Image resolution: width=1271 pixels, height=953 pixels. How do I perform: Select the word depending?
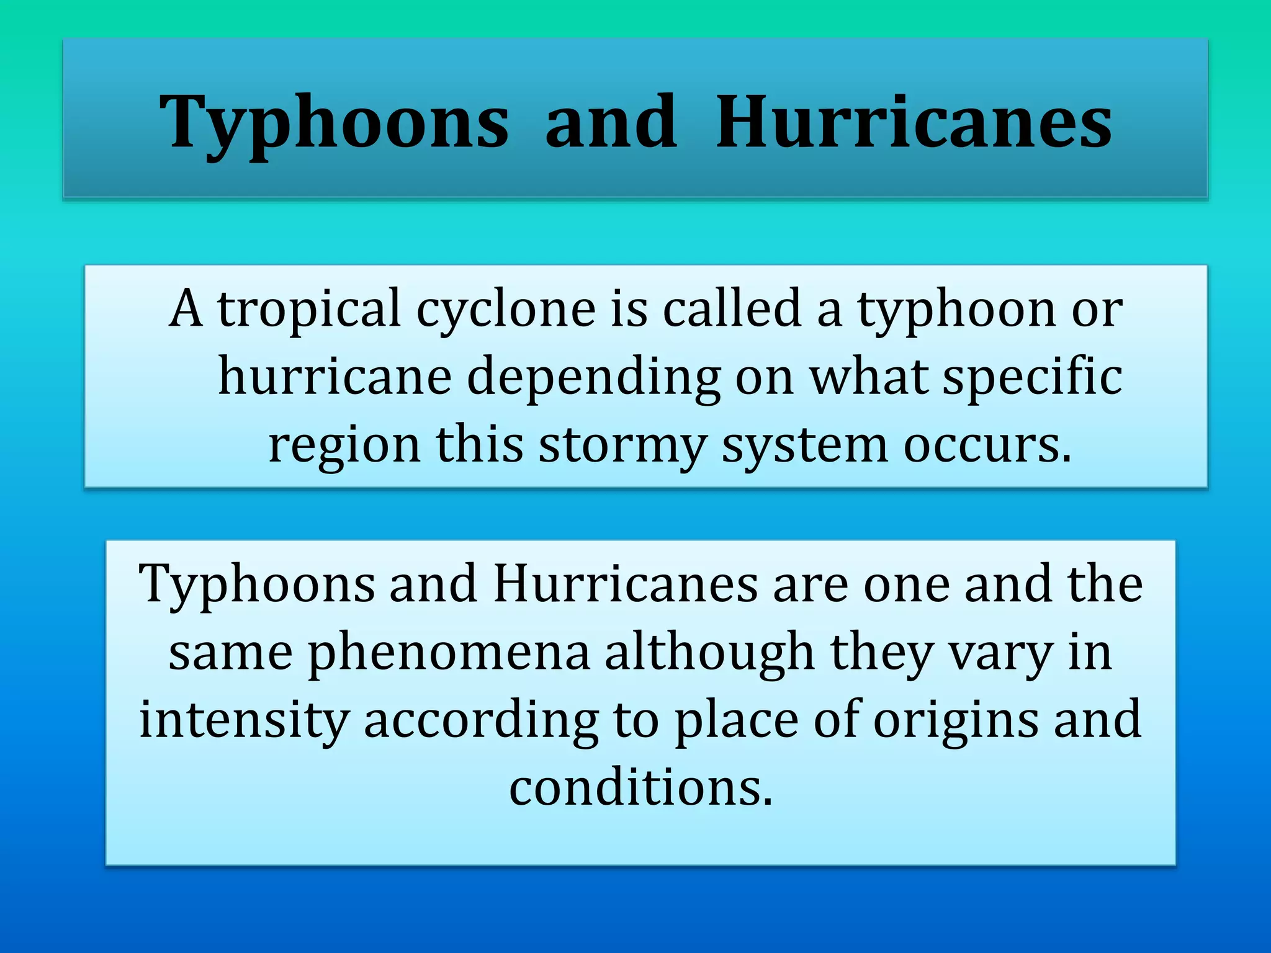coord(593,377)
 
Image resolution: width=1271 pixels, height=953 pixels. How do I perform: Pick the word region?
coord(344,445)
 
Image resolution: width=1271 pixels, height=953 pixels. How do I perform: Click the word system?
coord(805,445)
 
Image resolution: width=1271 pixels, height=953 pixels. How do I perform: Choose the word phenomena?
coord(449,653)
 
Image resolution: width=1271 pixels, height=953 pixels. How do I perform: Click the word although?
coord(709,653)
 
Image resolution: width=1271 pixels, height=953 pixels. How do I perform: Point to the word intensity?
coord(243,720)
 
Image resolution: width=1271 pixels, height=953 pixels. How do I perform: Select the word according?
coord(481,720)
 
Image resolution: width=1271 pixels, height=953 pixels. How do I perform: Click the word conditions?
coord(641,788)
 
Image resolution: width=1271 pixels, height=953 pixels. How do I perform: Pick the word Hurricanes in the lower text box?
coord(626,584)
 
